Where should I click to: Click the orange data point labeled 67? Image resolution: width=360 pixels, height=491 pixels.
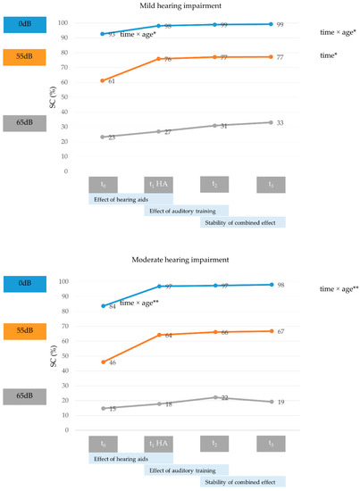click(x=269, y=331)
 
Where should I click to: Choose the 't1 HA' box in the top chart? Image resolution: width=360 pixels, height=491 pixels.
click(x=158, y=184)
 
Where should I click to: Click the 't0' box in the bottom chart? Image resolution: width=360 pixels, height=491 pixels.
click(x=103, y=443)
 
